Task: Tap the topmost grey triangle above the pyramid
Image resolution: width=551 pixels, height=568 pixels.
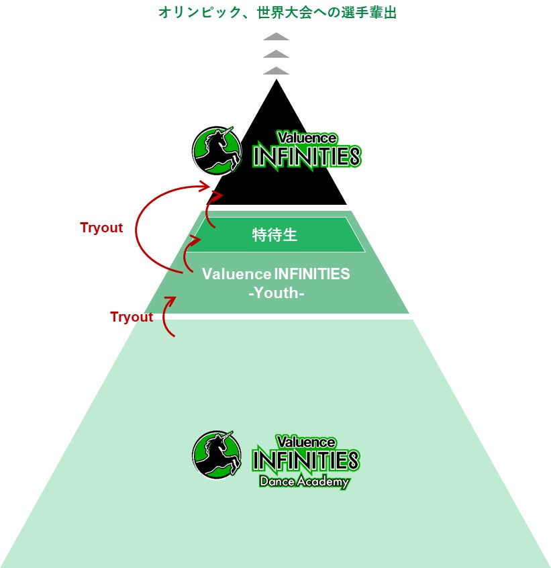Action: [x=276, y=36]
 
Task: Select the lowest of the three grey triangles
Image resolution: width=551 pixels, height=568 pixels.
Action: [x=276, y=70]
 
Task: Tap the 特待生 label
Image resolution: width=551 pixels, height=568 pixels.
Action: [x=274, y=235]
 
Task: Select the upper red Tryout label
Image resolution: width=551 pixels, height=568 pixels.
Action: [x=101, y=228]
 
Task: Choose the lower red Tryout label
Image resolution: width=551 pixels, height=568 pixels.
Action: [x=132, y=317]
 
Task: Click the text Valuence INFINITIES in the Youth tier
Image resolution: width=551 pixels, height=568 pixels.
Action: [x=276, y=274]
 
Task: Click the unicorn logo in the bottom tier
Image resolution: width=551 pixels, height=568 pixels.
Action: [x=217, y=455]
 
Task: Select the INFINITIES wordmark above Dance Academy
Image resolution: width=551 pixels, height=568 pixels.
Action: [x=305, y=461]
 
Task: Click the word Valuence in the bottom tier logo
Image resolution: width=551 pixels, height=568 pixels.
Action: [x=305, y=442]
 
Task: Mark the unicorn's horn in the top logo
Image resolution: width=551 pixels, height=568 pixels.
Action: [x=229, y=131]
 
